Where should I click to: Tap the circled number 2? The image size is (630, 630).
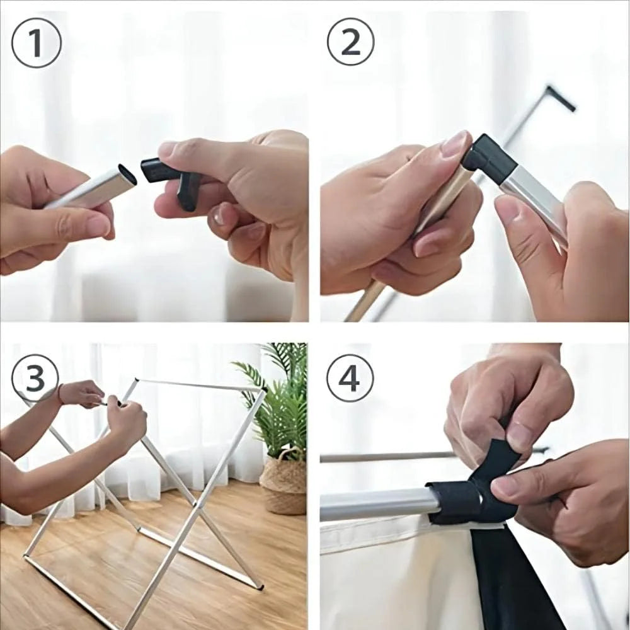coord(350,42)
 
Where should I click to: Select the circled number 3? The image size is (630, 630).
coord(35,378)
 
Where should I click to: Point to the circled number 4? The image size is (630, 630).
coord(350,378)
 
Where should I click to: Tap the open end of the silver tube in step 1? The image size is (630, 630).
coord(126,175)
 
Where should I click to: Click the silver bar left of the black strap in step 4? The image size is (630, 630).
coord(378,504)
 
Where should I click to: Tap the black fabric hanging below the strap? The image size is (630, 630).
coord(510,580)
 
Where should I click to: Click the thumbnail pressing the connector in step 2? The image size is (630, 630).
coord(455,146)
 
